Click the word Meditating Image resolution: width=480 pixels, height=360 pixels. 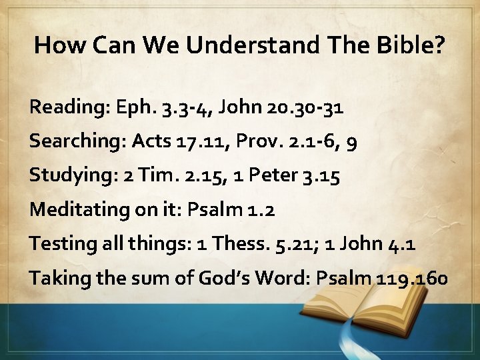(79, 209)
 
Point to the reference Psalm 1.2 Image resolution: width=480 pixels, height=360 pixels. (231, 209)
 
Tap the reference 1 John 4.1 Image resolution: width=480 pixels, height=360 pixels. (376, 243)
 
